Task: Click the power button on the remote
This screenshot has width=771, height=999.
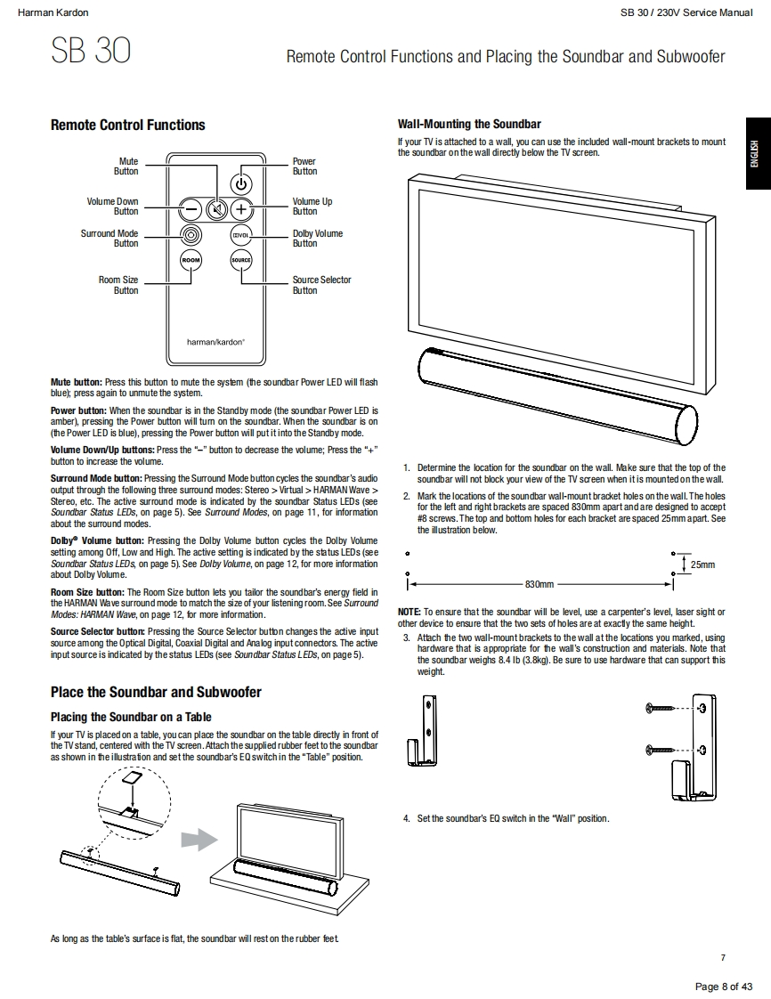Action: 241,184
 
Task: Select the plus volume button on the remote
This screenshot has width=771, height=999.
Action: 241,209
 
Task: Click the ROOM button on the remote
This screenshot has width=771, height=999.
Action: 191,260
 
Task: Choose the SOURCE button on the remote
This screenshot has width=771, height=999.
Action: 241,260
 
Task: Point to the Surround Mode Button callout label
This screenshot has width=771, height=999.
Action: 110,239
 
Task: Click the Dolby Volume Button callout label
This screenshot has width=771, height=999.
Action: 317,239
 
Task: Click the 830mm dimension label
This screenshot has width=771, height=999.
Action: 540,584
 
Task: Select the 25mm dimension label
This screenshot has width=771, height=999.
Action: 702,564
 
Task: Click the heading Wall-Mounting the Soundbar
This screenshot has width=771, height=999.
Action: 468,125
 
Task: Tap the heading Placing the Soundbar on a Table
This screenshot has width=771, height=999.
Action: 131,716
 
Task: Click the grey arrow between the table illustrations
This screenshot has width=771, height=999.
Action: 199,840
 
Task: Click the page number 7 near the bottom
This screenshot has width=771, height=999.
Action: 723,957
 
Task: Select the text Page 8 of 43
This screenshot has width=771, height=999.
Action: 724,986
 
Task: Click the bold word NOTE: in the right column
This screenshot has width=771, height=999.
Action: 409,613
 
